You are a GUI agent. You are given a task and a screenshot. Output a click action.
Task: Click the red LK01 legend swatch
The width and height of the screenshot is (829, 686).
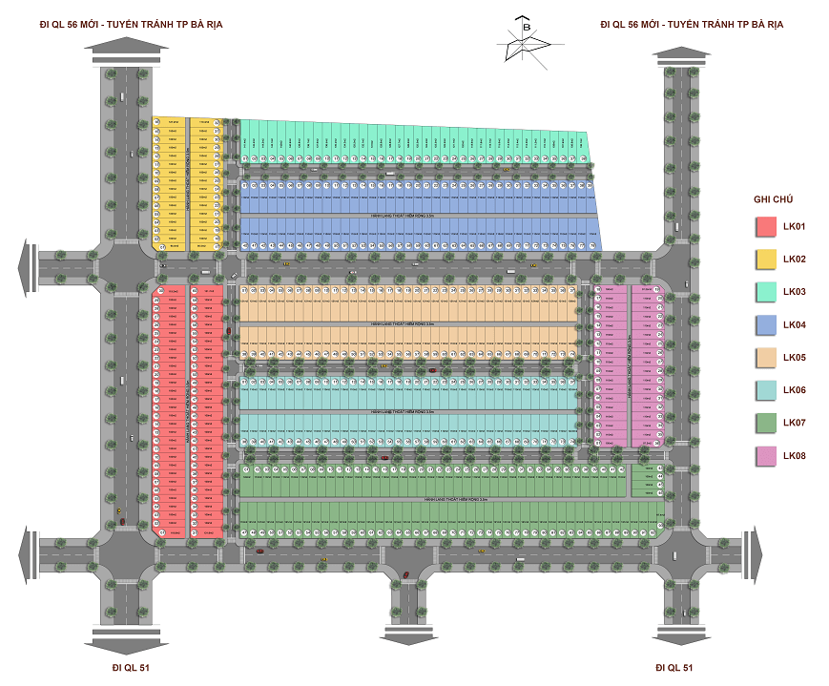click(765, 227)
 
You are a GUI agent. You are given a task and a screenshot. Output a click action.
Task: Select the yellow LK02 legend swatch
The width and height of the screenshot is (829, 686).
click(765, 260)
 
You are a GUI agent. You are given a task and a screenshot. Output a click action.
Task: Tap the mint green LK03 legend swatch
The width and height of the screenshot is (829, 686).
click(765, 293)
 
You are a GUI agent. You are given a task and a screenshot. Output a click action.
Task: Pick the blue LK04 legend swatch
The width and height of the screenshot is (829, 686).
click(765, 325)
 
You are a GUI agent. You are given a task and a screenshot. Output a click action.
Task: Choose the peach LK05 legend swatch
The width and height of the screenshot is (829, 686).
click(765, 358)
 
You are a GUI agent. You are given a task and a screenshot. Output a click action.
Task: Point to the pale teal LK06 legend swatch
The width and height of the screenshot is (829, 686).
click(765, 391)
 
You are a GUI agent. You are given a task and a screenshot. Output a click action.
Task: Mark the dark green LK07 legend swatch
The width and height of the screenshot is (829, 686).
click(765, 424)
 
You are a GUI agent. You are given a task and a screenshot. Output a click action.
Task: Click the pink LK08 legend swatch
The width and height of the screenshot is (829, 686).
click(765, 456)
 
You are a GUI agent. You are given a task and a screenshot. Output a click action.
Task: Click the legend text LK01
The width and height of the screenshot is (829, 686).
click(795, 227)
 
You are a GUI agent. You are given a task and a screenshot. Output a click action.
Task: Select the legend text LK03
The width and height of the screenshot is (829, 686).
click(795, 293)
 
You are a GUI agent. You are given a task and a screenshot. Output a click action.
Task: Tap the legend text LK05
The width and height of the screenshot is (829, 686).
click(795, 358)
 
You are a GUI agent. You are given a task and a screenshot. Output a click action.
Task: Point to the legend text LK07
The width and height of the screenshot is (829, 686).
click(795, 424)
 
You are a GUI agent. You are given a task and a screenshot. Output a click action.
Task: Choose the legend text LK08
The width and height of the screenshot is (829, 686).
click(795, 456)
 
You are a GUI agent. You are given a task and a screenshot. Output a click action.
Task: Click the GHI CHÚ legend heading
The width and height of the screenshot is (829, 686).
click(773, 198)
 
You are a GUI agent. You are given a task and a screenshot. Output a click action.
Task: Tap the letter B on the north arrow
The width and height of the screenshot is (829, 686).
click(526, 29)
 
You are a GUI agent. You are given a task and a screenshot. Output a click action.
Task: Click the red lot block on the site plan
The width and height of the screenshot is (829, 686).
click(189, 410)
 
